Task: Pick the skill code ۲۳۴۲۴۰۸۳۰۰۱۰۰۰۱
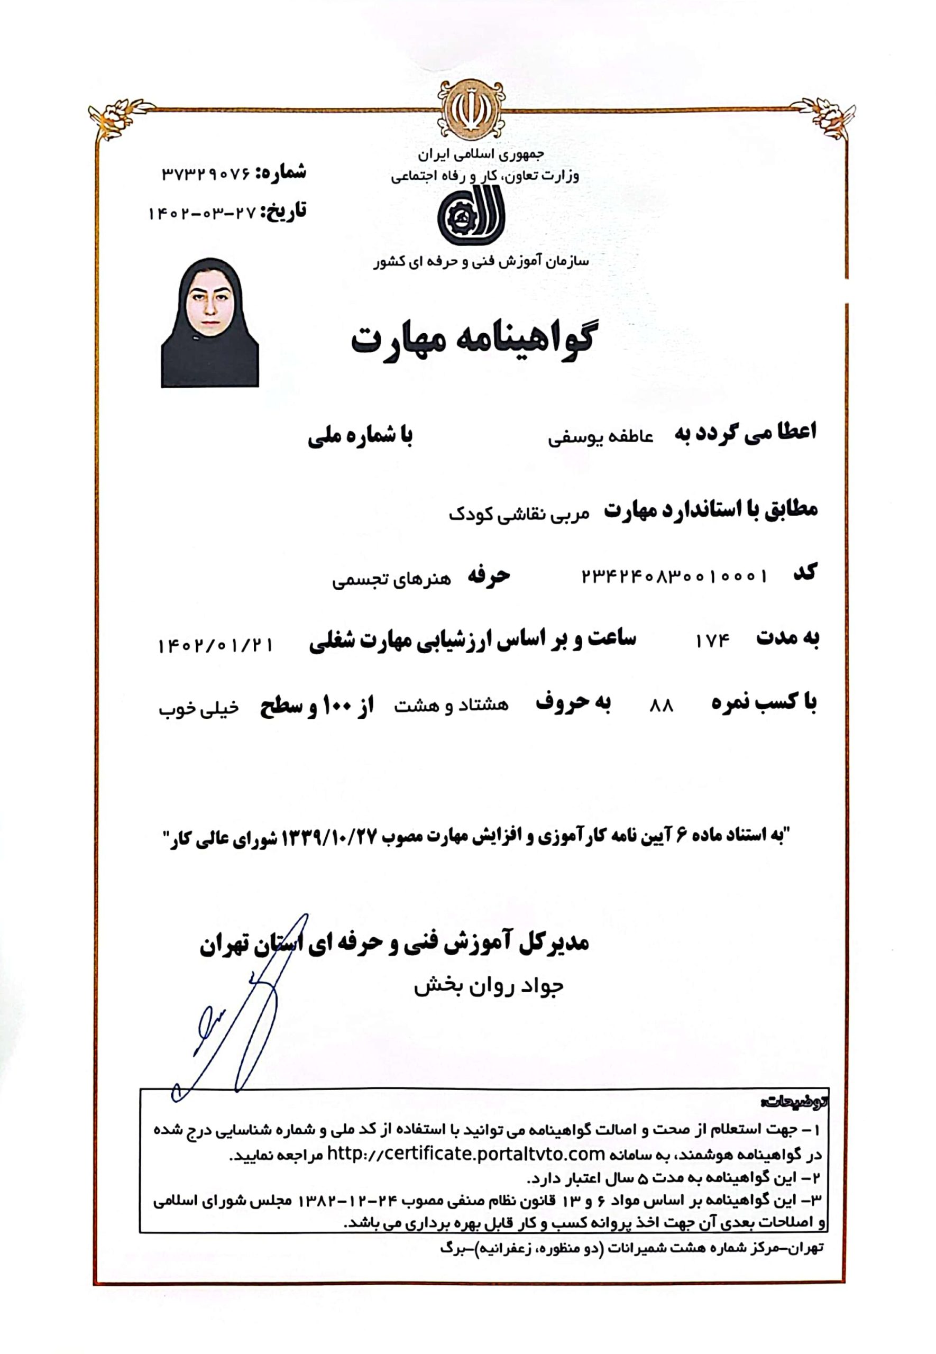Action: coord(674,577)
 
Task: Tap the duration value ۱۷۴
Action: coord(712,642)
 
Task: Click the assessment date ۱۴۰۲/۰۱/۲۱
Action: coord(215,646)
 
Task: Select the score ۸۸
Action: coord(662,707)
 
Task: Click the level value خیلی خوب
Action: coord(199,709)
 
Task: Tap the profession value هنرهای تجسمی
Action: coord(392,580)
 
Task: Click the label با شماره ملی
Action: coord(360,437)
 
